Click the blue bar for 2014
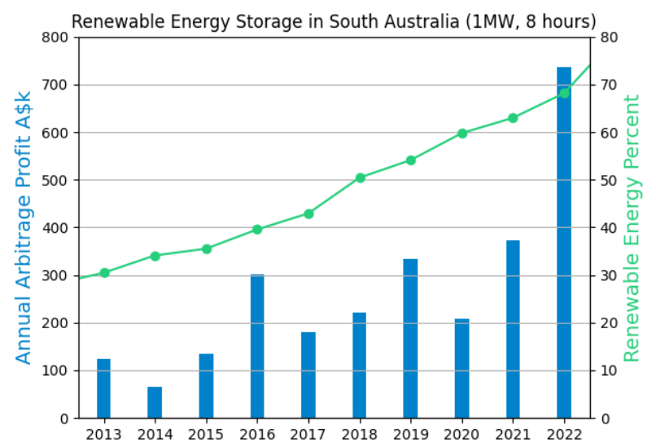[x=155, y=402]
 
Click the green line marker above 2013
[x=104, y=273]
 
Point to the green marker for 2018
[x=360, y=178]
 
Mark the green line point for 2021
[x=513, y=118]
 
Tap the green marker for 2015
[x=207, y=249]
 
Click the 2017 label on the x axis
[x=308, y=434]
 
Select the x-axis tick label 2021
[x=513, y=434]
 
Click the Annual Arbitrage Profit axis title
[x=24, y=228]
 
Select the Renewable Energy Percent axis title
[x=632, y=228]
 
